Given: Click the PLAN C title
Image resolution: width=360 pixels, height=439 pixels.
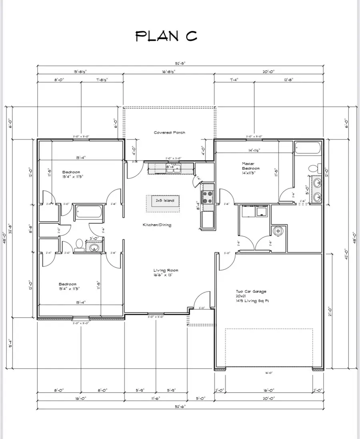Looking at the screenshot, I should tap(166, 36).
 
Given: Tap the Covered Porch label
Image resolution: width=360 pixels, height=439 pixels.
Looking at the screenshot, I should tap(170, 132).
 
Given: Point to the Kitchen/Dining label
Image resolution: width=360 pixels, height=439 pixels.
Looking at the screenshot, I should tap(157, 225).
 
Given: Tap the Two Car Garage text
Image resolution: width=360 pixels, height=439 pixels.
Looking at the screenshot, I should tap(251, 292).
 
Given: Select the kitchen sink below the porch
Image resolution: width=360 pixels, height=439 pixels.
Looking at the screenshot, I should tap(174, 169).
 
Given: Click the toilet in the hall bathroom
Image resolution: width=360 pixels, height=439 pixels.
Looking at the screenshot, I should tap(79, 244).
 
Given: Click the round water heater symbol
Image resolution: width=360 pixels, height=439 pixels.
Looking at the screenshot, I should tap(277, 230).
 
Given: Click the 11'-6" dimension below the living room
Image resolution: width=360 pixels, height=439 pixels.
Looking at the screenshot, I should tap(155, 398).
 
